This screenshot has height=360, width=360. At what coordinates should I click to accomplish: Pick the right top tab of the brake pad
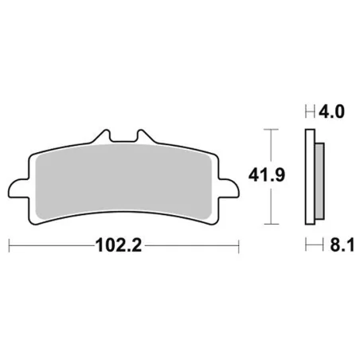[x=143, y=139]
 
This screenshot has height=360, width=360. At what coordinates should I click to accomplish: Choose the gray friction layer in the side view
[x=317, y=179]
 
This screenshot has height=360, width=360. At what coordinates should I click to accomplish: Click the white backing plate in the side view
[x=309, y=179]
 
